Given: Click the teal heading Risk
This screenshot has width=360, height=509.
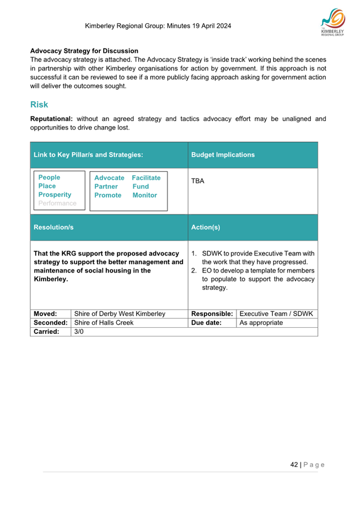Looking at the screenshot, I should [39, 104].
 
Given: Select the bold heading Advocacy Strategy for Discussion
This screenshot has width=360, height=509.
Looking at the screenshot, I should [84, 51].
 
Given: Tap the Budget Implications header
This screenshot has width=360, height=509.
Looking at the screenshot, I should [223, 155].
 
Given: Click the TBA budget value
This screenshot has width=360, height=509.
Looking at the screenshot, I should [197, 181].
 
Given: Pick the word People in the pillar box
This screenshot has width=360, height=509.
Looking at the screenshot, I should [49, 177].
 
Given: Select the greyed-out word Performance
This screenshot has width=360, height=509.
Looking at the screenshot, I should [57, 203].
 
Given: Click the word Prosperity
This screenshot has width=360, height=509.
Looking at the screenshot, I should [55, 195].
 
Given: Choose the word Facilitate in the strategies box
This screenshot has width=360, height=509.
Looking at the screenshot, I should [146, 178].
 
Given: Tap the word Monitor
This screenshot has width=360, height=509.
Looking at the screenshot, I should [144, 195].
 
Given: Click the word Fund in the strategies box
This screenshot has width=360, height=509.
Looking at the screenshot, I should [141, 187].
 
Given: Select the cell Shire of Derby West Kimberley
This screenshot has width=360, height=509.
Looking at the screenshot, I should [120, 313].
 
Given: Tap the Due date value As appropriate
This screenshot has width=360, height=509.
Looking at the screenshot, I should [261, 322].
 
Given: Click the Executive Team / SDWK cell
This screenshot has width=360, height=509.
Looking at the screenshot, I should [276, 313].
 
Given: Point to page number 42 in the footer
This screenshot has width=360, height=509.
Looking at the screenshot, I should [294, 464].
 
